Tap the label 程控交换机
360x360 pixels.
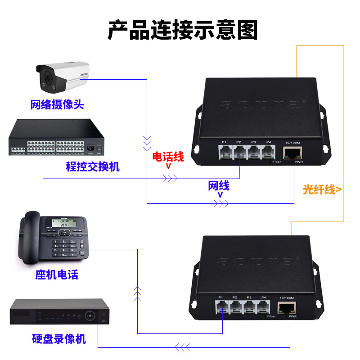click(93, 167)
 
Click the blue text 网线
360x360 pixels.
click(219, 185)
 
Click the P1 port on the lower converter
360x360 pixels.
click(222, 308)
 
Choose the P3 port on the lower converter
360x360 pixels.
click(249, 308)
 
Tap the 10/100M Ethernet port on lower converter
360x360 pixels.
click(287, 308)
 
